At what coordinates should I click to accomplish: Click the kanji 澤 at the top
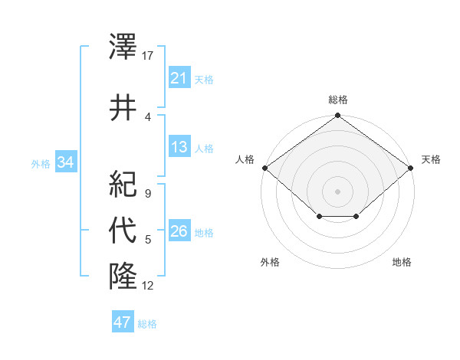(x=123, y=46)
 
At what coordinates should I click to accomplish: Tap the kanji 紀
(x=123, y=184)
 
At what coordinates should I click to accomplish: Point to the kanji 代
(x=123, y=231)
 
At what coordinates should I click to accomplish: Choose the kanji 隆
(x=123, y=275)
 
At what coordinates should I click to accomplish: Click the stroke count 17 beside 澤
(x=148, y=55)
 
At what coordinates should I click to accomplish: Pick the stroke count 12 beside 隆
(x=148, y=286)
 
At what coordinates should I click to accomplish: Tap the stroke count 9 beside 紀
(x=147, y=194)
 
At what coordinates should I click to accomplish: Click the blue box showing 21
(x=179, y=78)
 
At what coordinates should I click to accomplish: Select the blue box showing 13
(x=179, y=147)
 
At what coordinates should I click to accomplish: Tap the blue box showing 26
(x=179, y=231)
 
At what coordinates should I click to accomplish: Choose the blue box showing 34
(x=65, y=162)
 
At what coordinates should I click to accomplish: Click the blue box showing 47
(x=122, y=322)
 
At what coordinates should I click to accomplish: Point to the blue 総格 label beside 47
(x=147, y=324)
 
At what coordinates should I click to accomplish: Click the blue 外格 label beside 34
(x=41, y=163)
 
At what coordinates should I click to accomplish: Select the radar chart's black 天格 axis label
(x=431, y=159)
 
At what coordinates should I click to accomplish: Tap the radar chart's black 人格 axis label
(x=245, y=159)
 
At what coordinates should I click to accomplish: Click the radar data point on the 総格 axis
(x=337, y=116)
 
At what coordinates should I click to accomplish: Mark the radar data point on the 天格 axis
(x=412, y=168)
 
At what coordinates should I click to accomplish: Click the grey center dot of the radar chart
(x=337, y=191)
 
